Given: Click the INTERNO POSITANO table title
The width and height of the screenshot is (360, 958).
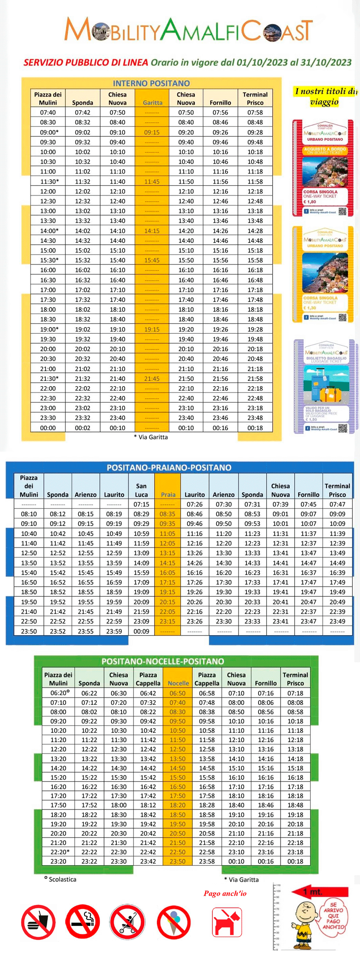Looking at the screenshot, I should pos(151,83).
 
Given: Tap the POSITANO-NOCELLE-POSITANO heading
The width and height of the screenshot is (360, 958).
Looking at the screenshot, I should pos(163,661).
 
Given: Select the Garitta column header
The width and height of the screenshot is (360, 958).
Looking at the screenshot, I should pos(153,103).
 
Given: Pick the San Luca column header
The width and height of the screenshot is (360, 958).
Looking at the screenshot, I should pos(141,490).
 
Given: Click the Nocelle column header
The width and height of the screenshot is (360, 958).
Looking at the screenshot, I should pos(178,683).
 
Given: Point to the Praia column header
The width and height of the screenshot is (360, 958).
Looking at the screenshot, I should pos(168,494).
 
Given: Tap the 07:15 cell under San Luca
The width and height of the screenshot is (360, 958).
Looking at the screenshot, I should pos(141,504).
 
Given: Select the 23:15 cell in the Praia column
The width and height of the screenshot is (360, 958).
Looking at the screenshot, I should pos(167,621).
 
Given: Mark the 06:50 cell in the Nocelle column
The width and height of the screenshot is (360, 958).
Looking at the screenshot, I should pos(177,693).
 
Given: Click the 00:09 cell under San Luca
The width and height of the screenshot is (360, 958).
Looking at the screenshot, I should pos(141,631).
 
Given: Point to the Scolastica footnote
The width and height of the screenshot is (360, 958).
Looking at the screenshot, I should pos(60,879).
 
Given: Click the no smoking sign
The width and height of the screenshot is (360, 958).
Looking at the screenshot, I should pos(82,922).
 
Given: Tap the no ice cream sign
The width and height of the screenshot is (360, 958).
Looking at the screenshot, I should pos(174,922).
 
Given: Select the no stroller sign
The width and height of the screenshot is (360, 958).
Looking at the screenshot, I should pos(127,922).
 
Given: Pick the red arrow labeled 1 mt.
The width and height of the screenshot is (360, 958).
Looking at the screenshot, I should pos(320,892).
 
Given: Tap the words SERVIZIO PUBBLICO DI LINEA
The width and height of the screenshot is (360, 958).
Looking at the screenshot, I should pos(86,62).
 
